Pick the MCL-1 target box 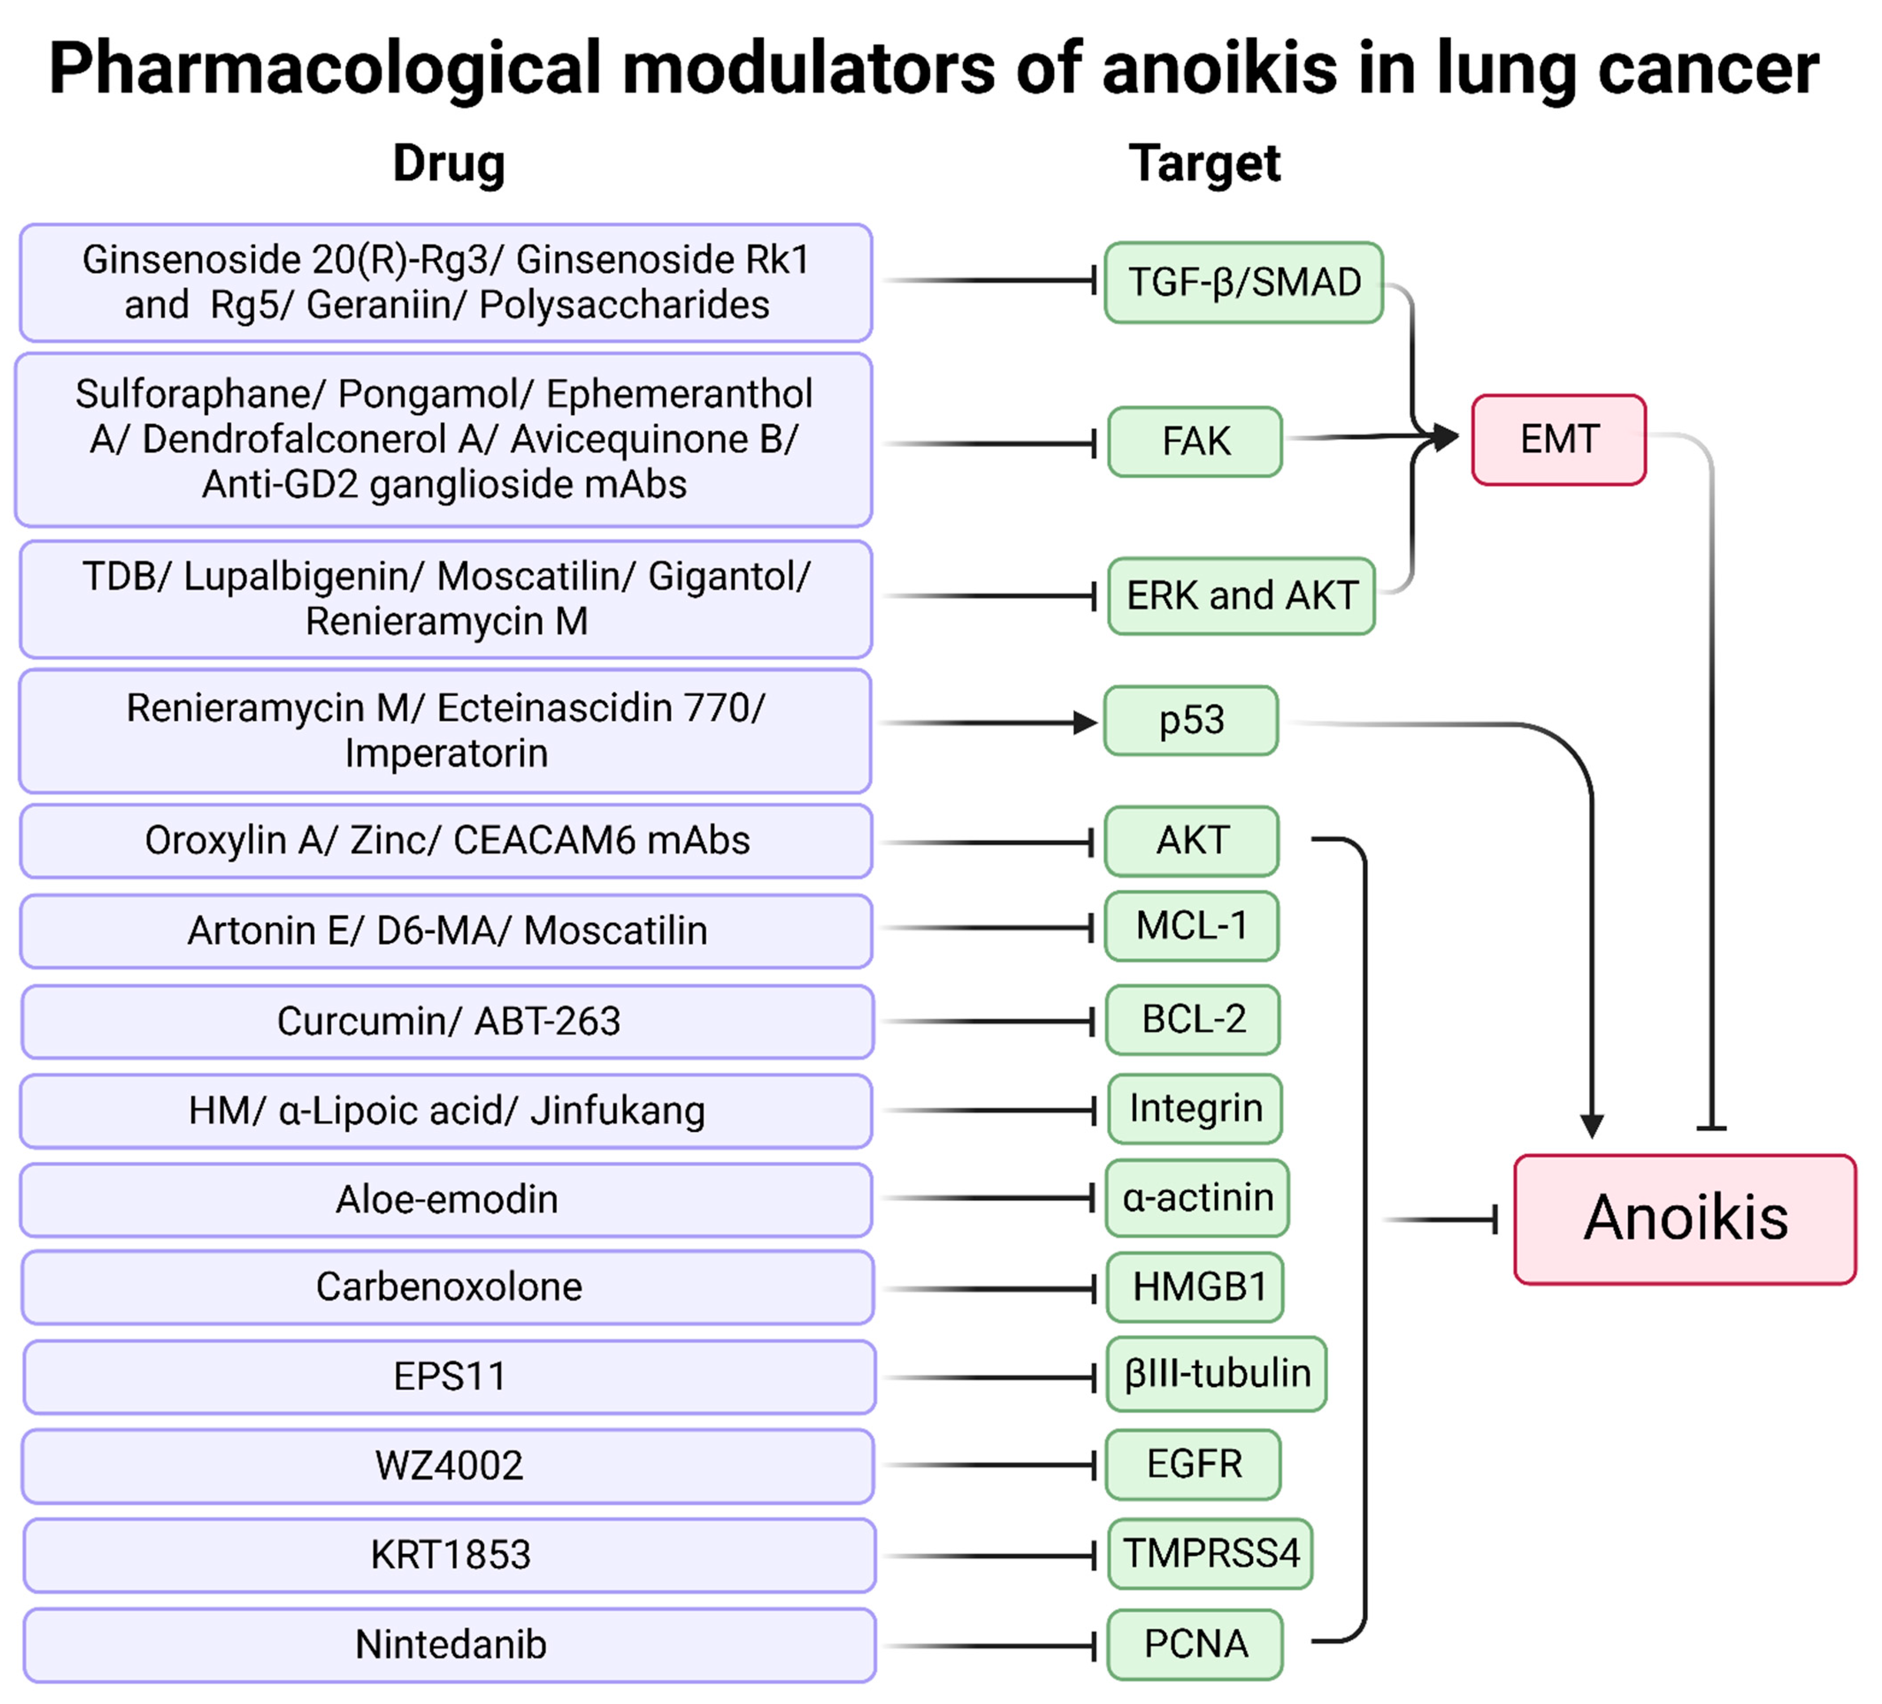click(1191, 926)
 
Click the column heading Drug click(449, 164)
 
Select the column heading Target click(1204, 164)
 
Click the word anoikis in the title click(1219, 69)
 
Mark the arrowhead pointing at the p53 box click(1085, 723)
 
